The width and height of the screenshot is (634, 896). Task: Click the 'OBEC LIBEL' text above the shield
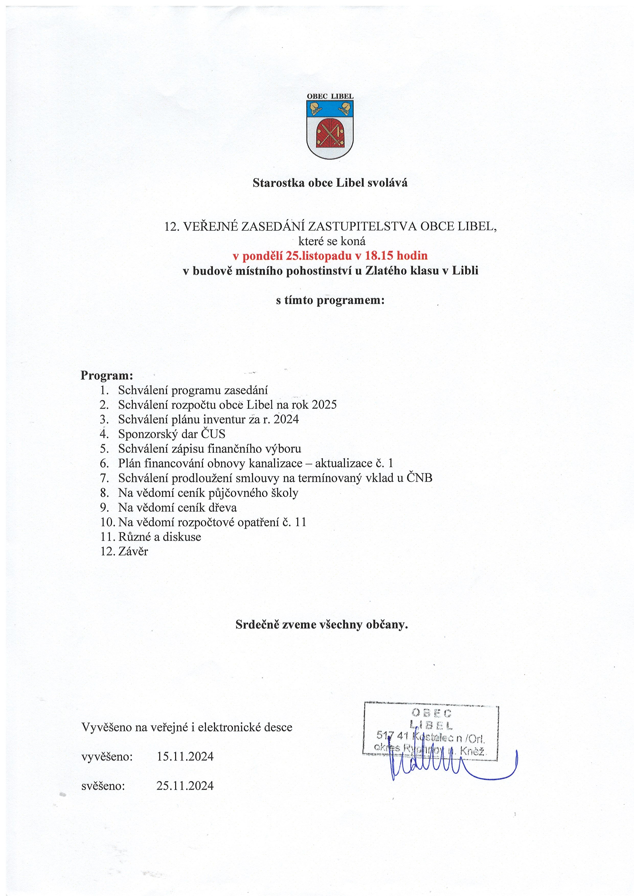[330, 96]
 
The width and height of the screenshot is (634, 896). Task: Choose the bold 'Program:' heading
[107, 375]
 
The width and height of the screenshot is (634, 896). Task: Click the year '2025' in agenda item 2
[324, 405]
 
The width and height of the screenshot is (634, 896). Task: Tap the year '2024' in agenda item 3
[286, 419]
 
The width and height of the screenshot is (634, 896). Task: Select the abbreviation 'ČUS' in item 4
[213, 434]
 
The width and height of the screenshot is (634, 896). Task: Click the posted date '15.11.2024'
[185, 756]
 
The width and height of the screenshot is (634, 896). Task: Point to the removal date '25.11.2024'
[185, 786]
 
